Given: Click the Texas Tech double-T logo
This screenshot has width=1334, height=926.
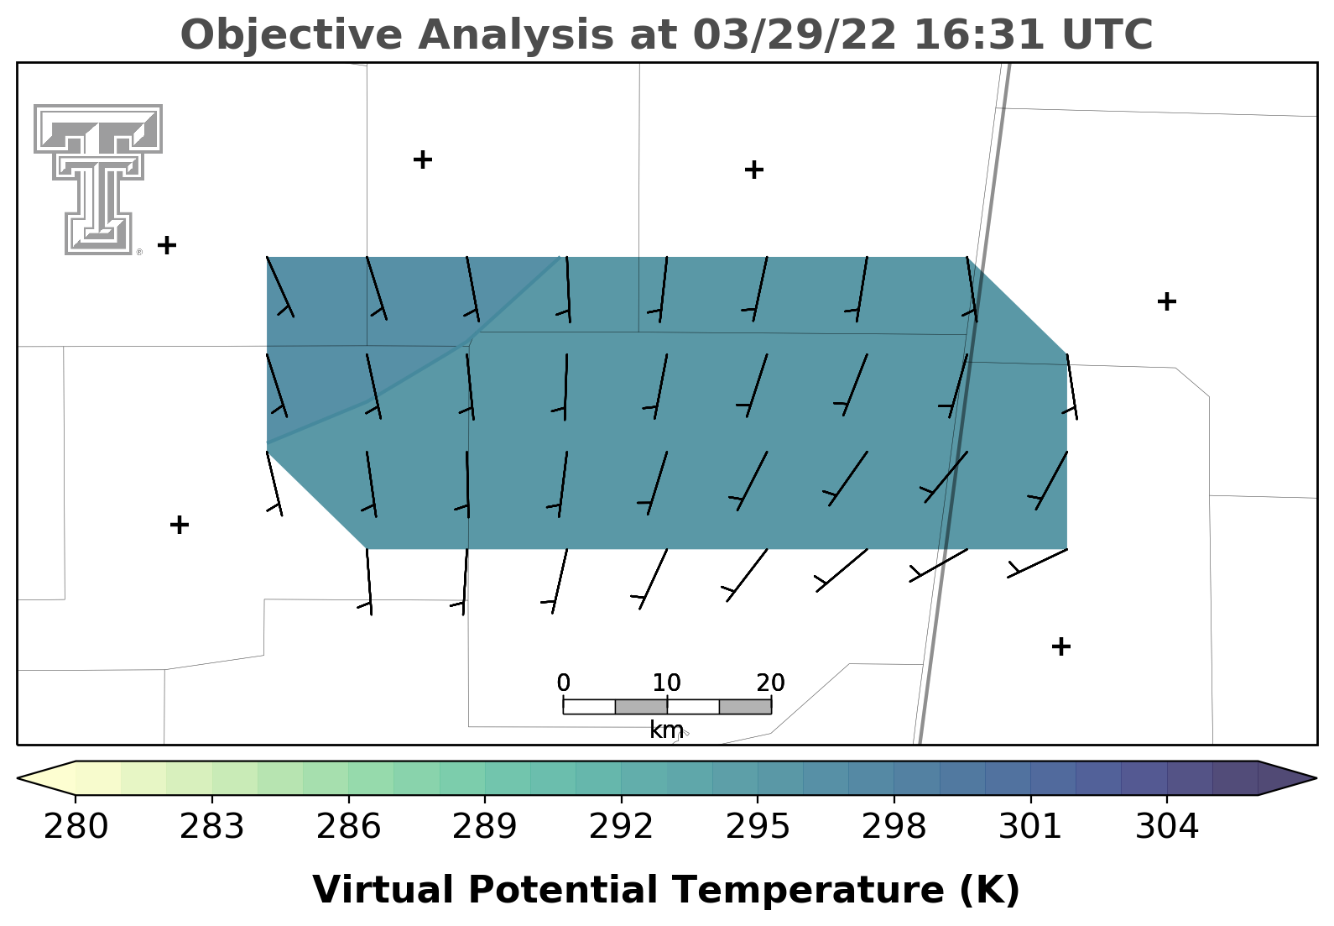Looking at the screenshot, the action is point(98,180).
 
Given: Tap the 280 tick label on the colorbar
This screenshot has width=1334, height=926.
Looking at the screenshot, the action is point(76,826).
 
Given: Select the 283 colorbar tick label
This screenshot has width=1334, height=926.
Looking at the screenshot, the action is point(212,826).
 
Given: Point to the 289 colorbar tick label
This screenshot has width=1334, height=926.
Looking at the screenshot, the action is point(485,826).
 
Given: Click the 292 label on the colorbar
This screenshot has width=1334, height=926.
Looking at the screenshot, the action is point(621,826).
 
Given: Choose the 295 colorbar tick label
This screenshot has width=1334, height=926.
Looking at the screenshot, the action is point(758,826).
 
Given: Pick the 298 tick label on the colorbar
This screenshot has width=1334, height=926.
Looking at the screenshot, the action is point(894,826).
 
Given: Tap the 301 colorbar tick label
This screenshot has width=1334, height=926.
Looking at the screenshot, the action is point(1030,826).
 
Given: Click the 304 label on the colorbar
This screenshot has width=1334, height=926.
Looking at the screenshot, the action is point(1167,826).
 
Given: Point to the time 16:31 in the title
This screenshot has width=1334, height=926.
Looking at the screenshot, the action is point(979,34).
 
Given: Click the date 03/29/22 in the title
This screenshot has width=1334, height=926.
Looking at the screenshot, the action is point(795,34).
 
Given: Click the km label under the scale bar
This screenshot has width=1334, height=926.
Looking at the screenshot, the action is point(666,730).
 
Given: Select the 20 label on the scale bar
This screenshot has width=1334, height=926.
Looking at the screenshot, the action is point(771,683).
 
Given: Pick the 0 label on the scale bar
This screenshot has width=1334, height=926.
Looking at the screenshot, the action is point(563,683).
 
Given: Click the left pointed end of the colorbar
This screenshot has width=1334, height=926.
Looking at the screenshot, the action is point(18,777).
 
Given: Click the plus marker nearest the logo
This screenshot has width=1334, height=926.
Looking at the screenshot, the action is point(167,245).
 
